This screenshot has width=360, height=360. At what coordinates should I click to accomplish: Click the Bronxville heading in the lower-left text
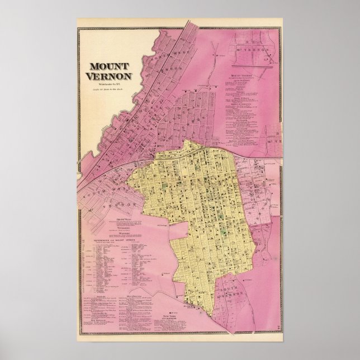pyautogui.click(x=124, y=219)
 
